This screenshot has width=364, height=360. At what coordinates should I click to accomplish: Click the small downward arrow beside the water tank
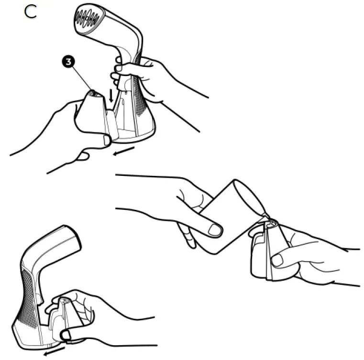click(111, 96)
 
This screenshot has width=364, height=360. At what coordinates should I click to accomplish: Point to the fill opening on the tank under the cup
click(272, 222)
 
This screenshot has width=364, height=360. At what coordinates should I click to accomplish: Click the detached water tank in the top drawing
click(94, 115)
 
